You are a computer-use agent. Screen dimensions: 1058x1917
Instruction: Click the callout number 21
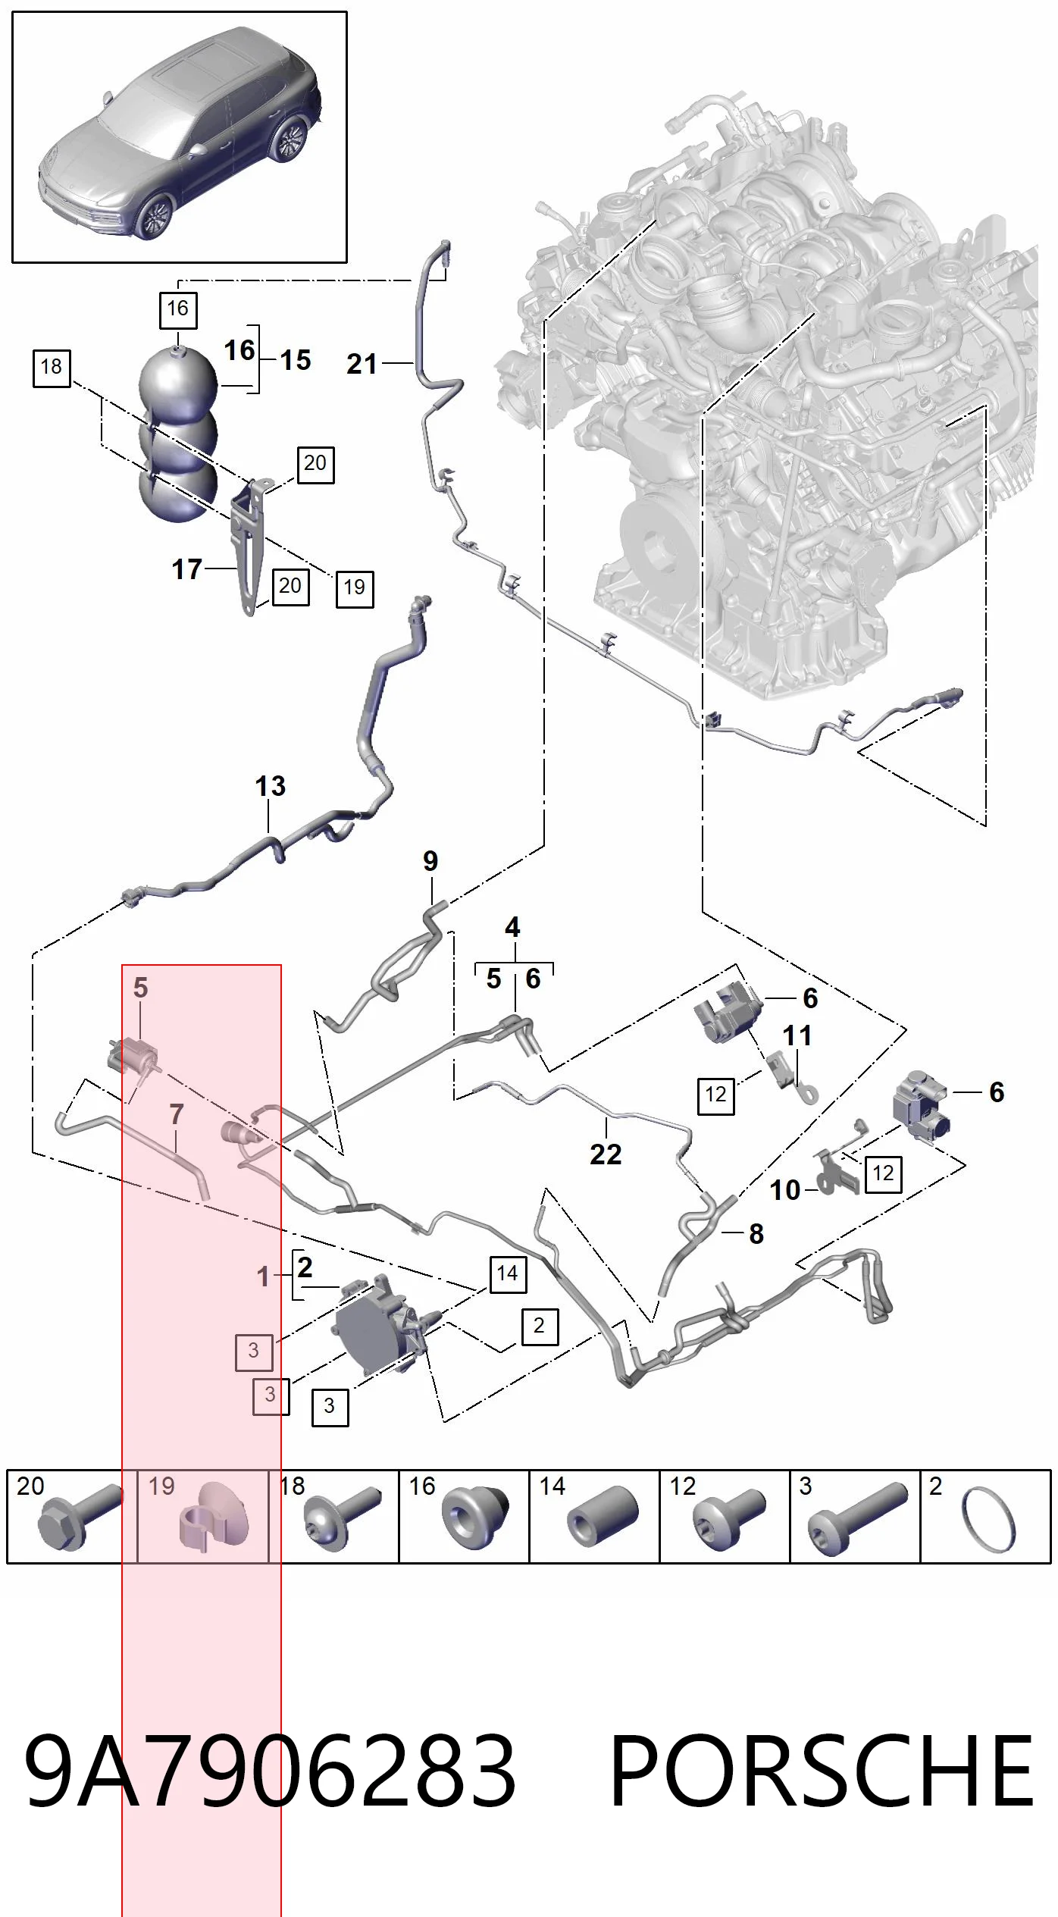click(362, 365)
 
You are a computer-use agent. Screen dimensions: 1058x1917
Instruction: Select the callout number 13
click(271, 786)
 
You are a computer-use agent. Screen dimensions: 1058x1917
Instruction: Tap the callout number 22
click(606, 1154)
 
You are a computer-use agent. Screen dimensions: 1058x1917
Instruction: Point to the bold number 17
click(187, 569)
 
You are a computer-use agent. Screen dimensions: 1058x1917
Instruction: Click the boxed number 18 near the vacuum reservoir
click(52, 368)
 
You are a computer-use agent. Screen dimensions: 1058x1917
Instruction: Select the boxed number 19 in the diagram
click(355, 587)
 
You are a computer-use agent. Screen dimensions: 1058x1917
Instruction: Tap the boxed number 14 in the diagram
click(508, 1273)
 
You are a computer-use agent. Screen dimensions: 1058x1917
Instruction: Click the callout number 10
click(785, 1190)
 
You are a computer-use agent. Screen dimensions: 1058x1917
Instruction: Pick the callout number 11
click(797, 1035)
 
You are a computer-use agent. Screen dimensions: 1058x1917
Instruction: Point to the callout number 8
click(756, 1234)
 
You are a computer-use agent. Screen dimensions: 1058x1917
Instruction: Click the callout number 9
click(430, 861)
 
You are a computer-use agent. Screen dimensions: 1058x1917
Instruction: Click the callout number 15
click(296, 359)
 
